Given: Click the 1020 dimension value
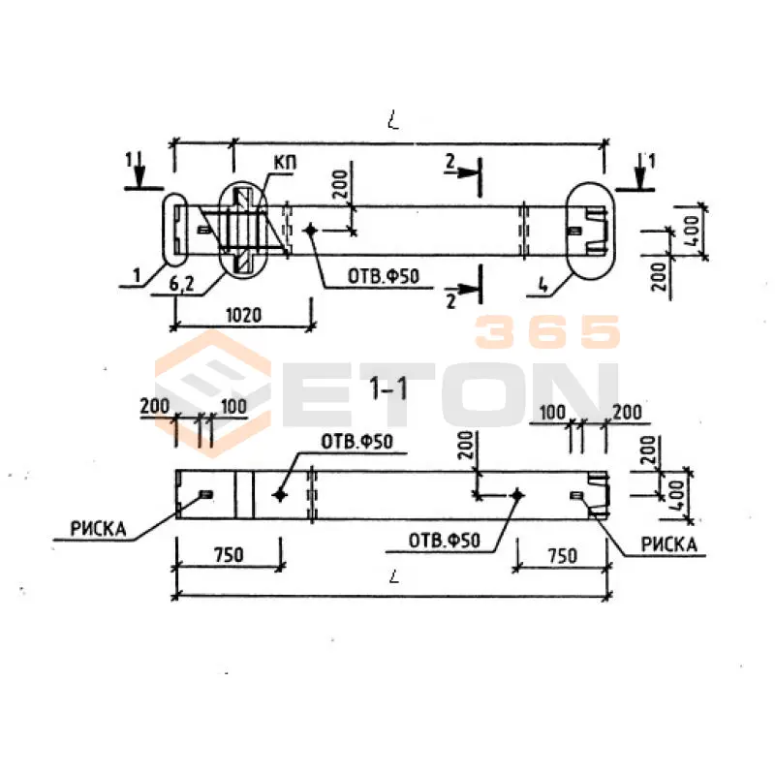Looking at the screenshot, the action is click(243, 315).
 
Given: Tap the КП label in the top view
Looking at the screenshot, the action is click(285, 163).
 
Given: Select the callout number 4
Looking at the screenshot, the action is click(543, 286).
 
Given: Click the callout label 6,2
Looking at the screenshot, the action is click(182, 284).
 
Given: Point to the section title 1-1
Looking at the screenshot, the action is click(389, 387).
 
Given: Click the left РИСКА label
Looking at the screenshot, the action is click(99, 529).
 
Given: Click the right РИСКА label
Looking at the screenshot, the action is click(668, 544).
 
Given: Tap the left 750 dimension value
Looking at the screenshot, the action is click(229, 554).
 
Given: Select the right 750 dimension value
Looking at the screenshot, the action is click(563, 556).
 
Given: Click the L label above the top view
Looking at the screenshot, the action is click(393, 120).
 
